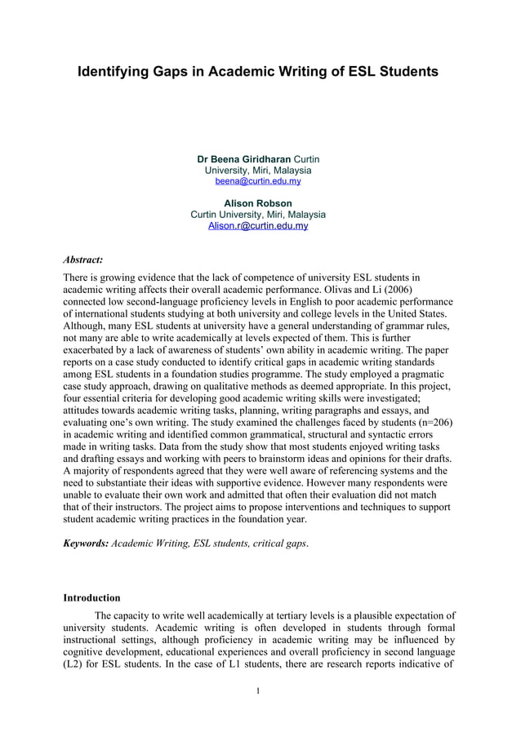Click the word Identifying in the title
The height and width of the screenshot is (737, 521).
click(x=113, y=73)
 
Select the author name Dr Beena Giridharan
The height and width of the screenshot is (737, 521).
click(x=244, y=158)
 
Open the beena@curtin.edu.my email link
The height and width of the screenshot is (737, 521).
click(x=258, y=181)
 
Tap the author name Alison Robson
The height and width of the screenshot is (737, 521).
click(x=258, y=203)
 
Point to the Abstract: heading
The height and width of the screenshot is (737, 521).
click(x=83, y=260)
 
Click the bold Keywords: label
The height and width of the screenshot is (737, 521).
click(x=86, y=541)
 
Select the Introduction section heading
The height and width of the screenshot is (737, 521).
click(x=91, y=597)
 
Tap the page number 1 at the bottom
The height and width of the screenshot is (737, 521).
click(x=258, y=692)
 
